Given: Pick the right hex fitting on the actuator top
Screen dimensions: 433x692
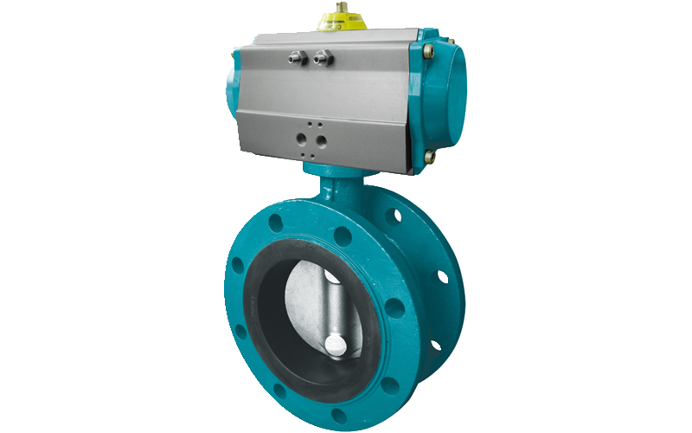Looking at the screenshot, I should [x=324, y=59].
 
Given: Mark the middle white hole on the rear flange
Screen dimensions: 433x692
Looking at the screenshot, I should [x=443, y=276].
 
